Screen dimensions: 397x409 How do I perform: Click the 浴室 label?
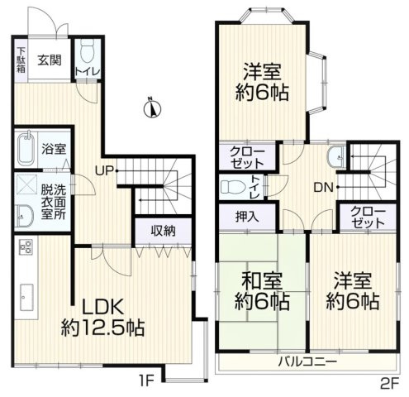tap(55, 150)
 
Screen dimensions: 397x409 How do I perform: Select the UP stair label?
tap(106, 171)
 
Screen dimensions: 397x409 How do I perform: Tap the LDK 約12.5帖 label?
tap(102, 317)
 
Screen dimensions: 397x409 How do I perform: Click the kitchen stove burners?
tap(24, 247)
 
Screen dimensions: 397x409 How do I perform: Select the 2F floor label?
tap(388, 383)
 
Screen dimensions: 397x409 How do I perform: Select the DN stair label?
tap(323, 188)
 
